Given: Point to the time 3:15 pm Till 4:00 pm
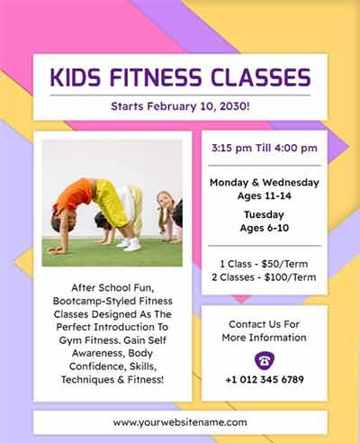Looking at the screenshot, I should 264,148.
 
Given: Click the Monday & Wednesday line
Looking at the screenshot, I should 264,182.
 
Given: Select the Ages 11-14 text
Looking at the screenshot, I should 264,195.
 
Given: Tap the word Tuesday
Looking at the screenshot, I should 264,215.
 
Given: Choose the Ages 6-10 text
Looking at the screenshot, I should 264,229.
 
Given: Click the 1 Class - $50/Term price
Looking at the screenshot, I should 264,263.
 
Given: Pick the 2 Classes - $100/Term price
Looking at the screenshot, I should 264,276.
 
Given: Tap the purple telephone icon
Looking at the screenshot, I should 264,358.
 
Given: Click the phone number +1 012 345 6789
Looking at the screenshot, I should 264,380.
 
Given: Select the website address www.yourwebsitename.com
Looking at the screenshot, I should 180,421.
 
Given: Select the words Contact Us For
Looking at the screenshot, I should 264,324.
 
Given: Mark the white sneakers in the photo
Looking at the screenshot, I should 130,244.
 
